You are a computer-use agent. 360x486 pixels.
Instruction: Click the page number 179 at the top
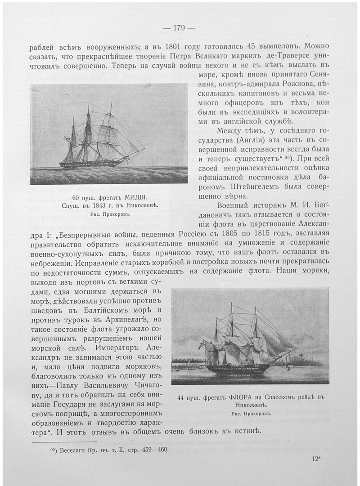coord(179,28)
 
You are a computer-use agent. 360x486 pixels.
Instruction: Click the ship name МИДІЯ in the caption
coord(146,197)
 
